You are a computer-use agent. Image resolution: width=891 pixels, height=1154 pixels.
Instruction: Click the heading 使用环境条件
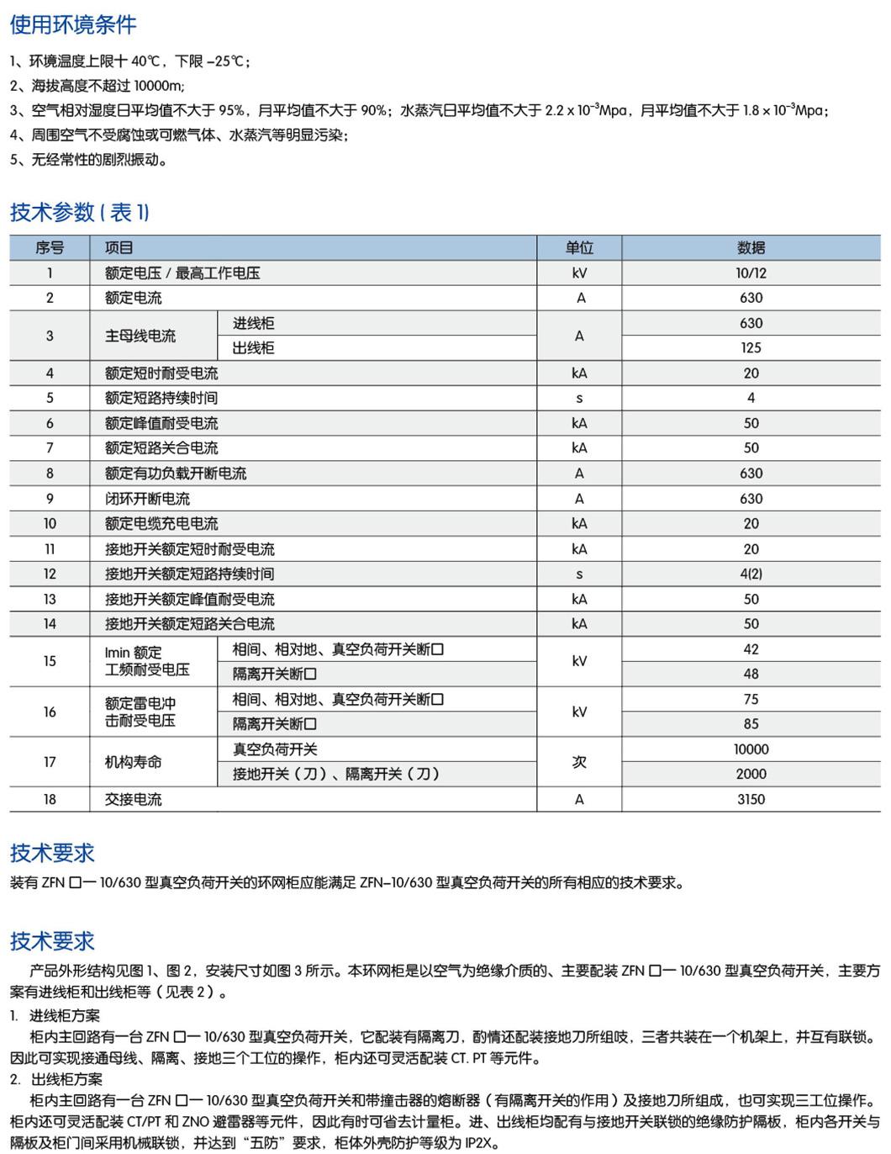tap(73, 25)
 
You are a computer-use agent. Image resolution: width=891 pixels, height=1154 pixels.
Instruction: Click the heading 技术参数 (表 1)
tap(79, 212)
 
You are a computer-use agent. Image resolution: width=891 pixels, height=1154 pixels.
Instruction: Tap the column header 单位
tap(579, 248)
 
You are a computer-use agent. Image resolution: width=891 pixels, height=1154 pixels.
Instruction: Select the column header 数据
tap(751, 248)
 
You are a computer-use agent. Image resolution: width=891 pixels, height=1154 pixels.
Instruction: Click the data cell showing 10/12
tap(751, 273)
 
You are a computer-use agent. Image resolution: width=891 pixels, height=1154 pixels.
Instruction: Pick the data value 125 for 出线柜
tap(751, 348)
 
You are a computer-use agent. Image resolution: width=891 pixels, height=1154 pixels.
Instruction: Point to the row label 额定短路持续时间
tap(161, 398)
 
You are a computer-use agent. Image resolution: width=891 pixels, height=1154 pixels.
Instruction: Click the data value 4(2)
tap(751, 574)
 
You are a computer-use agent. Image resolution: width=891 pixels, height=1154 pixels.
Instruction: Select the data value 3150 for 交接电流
tap(751, 800)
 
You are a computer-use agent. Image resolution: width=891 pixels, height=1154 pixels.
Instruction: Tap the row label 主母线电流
tap(140, 336)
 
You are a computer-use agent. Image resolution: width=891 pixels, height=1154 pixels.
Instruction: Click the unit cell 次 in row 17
tap(579, 762)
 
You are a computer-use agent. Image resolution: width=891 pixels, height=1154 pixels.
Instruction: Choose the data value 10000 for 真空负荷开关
tap(751, 749)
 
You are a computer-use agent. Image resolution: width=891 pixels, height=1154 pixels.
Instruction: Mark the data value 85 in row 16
tap(751, 724)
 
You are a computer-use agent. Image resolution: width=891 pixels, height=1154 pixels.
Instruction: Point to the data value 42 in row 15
tap(751, 649)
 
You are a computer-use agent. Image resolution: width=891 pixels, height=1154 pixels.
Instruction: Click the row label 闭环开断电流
tap(147, 499)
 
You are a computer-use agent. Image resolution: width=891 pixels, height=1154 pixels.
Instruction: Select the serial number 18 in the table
tap(50, 800)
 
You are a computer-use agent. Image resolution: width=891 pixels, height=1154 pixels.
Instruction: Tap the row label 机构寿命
tap(133, 762)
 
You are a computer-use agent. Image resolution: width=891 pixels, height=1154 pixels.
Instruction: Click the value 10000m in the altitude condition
tap(158, 86)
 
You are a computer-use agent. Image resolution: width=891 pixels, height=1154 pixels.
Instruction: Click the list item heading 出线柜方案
tap(67, 1079)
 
